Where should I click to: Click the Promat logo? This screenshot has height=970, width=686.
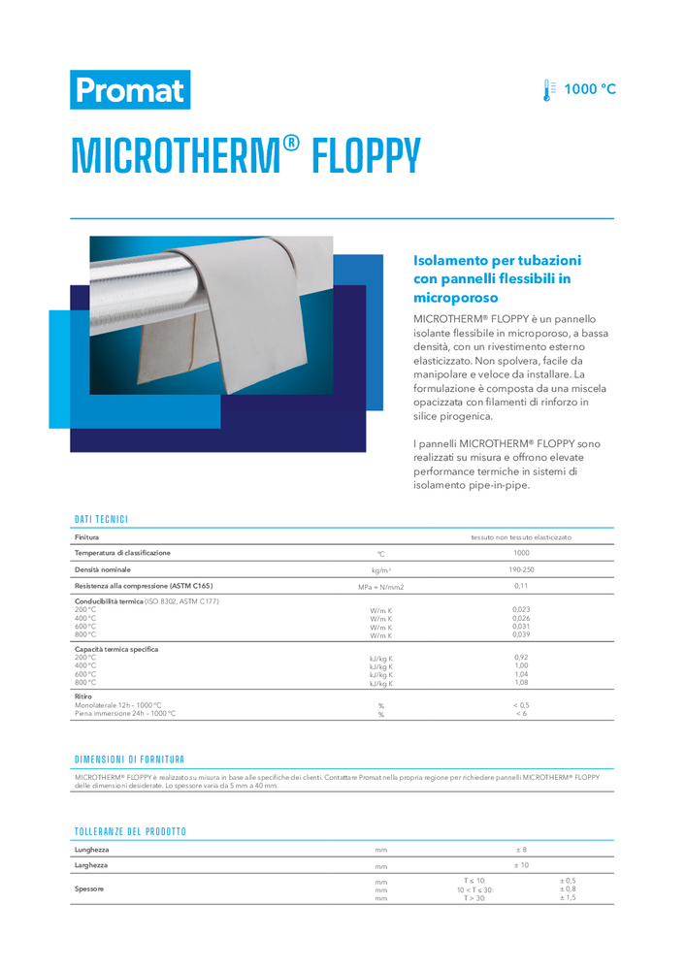pos(130,90)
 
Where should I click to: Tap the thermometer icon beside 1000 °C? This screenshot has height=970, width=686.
pos(550,90)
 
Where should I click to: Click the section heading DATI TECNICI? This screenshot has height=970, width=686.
pos(101,520)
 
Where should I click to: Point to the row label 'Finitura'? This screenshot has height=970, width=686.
pos(86,536)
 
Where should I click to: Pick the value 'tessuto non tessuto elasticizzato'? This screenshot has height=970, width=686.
pos(521,536)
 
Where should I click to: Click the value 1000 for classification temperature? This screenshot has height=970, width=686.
pos(521,553)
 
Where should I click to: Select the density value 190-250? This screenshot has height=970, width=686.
pos(521,569)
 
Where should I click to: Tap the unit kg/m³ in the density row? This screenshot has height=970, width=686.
pos(380,570)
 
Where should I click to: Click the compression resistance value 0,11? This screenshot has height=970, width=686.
pos(521,586)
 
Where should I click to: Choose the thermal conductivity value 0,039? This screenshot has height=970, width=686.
pos(521,634)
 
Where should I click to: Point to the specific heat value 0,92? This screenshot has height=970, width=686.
pos(521,657)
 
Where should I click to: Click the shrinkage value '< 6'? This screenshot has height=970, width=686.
pos(521,713)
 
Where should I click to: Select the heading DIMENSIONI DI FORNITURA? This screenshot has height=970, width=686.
pos(129,760)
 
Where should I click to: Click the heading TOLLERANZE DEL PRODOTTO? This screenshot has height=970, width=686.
pos(130,832)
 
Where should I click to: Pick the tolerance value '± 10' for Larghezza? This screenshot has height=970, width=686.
pos(521,864)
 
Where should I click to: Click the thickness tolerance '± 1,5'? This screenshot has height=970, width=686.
pos(568,898)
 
